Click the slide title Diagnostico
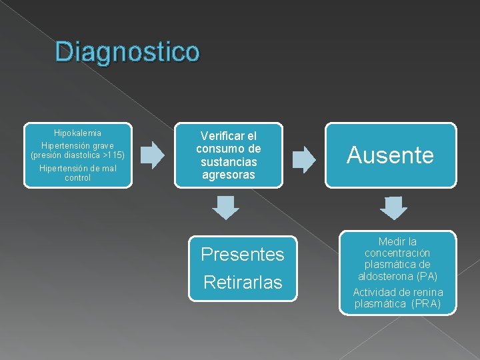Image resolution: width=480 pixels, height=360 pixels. click(x=127, y=52)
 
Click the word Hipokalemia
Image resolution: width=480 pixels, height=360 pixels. click(x=78, y=133)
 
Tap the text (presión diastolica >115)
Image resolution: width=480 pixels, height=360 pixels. click(x=78, y=155)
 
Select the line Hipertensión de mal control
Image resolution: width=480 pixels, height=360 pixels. click(x=78, y=173)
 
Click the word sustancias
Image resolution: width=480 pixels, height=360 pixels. click(x=228, y=162)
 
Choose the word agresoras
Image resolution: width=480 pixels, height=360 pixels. click(x=228, y=175)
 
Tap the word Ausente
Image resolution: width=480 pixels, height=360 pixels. click(x=391, y=155)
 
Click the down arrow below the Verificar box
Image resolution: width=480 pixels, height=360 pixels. click(x=227, y=208)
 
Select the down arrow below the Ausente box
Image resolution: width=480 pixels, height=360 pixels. click(x=393, y=208)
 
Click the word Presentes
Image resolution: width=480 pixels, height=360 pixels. click(x=243, y=254)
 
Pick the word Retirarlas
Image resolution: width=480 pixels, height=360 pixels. click(x=243, y=282)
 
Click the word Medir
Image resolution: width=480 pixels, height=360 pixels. click(x=387, y=241)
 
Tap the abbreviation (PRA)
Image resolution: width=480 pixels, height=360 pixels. click(x=427, y=303)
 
